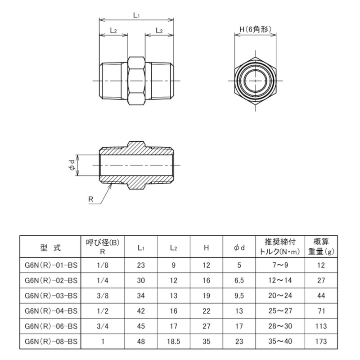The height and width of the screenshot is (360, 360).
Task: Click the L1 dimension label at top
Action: pos(136,15)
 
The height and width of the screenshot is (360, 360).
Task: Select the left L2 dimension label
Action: pos(113,30)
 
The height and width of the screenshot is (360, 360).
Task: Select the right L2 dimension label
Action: pos(159,30)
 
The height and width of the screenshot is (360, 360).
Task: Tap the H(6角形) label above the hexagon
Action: pos(255,30)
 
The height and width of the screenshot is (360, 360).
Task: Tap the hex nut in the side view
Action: pos(136,81)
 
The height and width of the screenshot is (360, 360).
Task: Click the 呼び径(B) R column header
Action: pos(103,247)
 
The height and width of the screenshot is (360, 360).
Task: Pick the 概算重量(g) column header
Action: pos(321,247)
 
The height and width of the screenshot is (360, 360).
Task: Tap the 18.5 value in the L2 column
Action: pos(173,342)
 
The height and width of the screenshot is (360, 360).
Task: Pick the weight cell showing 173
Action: pos(321,342)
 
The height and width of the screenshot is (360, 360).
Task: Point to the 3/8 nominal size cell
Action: pos(103,296)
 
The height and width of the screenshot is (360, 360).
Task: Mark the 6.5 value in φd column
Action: pos(239,281)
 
